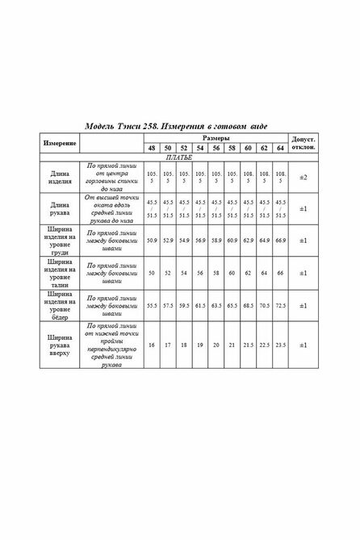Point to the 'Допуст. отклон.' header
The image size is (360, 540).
pyautogui.click(x=304, y=144)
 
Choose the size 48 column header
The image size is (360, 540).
pyautogui.click(x=152, y=149)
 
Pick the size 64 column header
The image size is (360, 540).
pyautogui.click(x=280, y=149)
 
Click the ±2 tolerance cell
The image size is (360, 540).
pyautogui.click(x=304, y=178)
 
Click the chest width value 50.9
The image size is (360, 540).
pyautogui.click(x=152, y=241)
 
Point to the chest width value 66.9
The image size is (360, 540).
pyautogui.click(x=280, y=241)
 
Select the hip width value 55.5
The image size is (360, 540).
pyautogui.click(x=152, y=307)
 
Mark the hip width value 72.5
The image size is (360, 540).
pyautogui.click(x=280, y=307)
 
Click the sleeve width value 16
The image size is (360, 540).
pyautogui.click(x=152, y=345)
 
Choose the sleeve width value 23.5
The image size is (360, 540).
pyautogui.click(x=280, y=345)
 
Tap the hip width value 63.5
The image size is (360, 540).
pyautogui.click(x=216, y=307)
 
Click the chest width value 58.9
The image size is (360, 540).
pyautogui.click(x=216, y=241)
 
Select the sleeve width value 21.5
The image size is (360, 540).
pyautogui.click(x=248, y=345)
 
